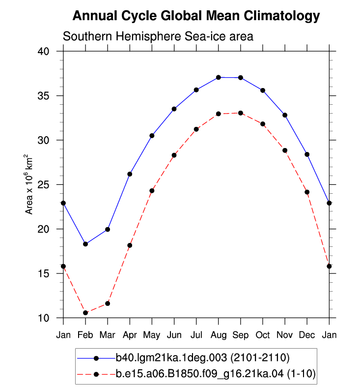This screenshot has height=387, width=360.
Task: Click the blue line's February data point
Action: pos(85,244)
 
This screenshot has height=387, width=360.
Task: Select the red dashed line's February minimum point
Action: pos(85,313)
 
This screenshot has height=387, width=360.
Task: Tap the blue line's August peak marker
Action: pos(218,78)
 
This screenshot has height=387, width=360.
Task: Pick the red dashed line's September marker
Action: pos(241,113)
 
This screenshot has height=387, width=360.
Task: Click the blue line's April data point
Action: pos(130,174)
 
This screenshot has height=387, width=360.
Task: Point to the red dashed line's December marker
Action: pos(307,192)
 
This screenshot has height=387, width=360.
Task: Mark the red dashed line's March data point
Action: pos(108,303)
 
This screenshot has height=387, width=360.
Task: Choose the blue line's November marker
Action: pos(285,115)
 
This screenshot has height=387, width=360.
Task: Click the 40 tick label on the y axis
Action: pos(43,51)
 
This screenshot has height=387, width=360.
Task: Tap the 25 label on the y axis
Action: pos(43,184)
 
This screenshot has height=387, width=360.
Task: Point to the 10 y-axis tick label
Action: pos(43,318)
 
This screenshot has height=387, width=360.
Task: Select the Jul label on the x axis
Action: pos(196,335)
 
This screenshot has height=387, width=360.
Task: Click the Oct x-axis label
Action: pos(263,335)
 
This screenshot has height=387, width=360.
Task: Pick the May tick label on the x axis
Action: pos(152,335)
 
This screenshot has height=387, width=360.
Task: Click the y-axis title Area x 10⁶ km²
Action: pos(28,184)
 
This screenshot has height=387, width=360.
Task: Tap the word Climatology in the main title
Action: pos(281,16)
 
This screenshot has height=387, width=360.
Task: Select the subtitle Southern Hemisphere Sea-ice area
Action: pos(158,36)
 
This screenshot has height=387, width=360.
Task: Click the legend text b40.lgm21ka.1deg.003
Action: pos(171,357)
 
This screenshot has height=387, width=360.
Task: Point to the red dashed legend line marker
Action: pos(96,374)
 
